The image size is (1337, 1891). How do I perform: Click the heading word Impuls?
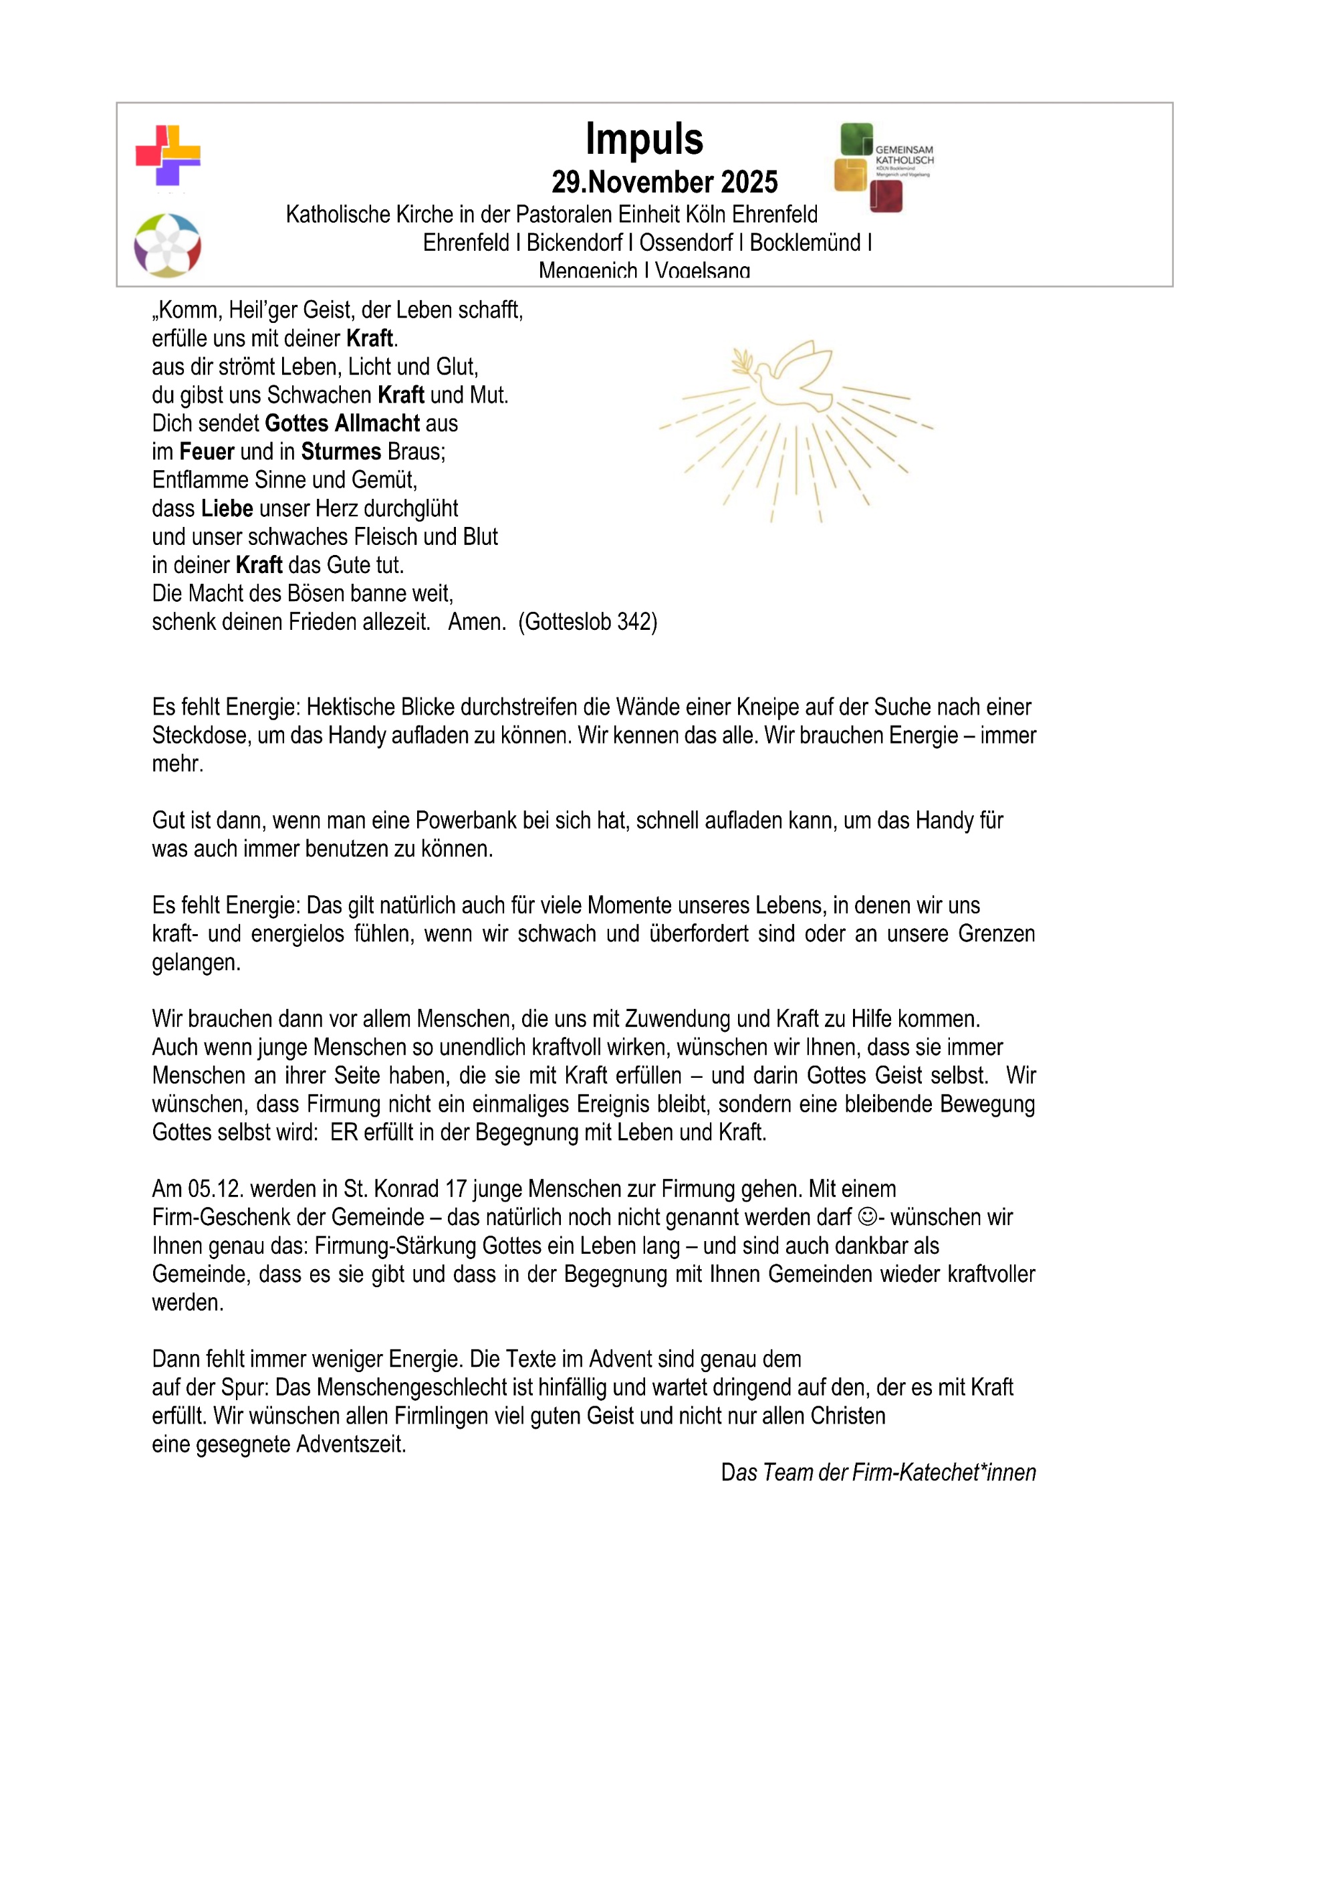[644, 139]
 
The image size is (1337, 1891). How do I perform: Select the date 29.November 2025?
[664, 182]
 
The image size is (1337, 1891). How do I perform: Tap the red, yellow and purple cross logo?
[168, 155]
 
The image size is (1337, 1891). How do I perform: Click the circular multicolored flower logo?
[167, 245]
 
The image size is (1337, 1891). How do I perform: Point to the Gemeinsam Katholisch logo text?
[904, 156]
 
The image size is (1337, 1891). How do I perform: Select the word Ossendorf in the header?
[685, 243]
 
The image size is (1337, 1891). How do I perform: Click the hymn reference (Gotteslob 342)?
[588, 622]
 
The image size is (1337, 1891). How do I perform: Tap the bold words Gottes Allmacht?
[342, 423]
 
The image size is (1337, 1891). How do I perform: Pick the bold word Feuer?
[207, 451]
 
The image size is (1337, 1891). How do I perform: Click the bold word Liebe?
[227, 508]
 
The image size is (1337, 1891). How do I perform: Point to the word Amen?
[477, 622]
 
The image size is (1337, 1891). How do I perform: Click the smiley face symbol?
[866, 1217]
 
